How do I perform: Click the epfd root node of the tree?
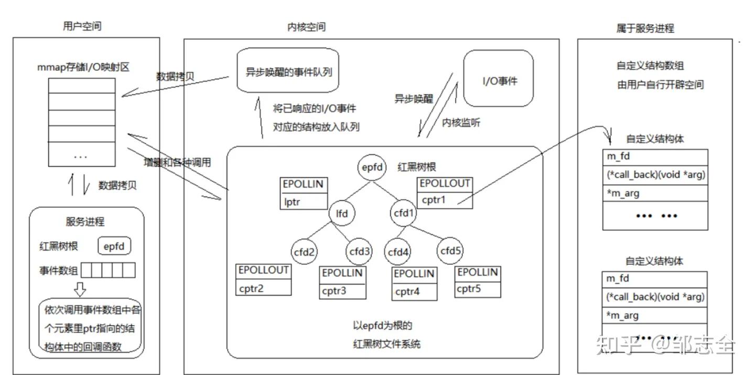372,168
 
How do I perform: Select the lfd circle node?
341,213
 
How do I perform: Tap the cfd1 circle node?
404,213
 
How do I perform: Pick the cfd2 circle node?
305,252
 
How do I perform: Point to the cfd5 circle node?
450,251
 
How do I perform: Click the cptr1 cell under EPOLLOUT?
444,199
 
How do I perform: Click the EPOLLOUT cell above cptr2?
264,271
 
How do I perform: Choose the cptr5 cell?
477,288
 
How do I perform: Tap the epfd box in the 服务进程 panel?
114,246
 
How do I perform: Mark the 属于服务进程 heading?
644,28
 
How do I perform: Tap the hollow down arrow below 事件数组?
81,288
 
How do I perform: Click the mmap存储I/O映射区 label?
83,68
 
